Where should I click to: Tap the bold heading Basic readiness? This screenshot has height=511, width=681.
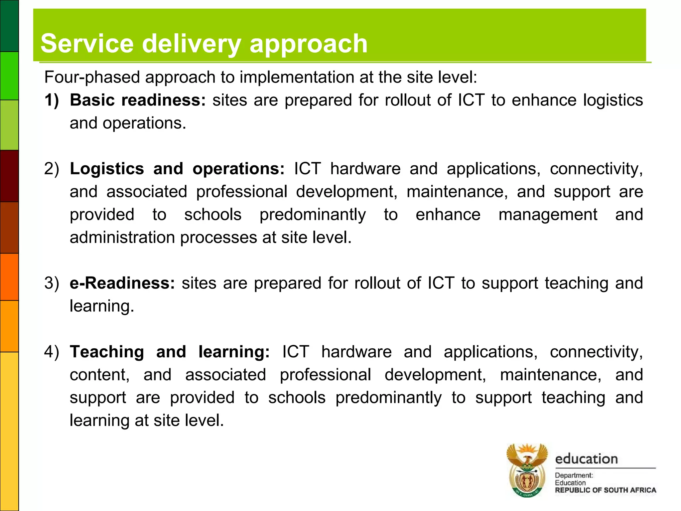point(138,100)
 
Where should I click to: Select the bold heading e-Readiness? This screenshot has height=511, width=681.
point(122,283)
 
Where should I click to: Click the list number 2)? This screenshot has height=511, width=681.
point(51,169)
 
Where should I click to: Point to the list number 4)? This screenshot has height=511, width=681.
point(51,352)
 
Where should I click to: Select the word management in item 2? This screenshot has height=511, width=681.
point(548,215)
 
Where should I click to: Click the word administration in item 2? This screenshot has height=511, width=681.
point(122,238)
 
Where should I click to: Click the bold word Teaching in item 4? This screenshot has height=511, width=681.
point(107,352)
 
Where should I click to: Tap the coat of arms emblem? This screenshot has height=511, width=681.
point(527,470)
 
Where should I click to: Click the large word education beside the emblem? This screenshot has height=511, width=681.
point(586,459)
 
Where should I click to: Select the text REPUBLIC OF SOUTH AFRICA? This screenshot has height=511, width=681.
point(605,490)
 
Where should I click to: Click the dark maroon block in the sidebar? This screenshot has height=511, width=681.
point(9,176)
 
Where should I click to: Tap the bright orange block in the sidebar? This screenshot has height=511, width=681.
point(9,277)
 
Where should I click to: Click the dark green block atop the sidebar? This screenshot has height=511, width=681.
point(9,26)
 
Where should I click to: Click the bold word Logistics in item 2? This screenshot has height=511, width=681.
point(107,169)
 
